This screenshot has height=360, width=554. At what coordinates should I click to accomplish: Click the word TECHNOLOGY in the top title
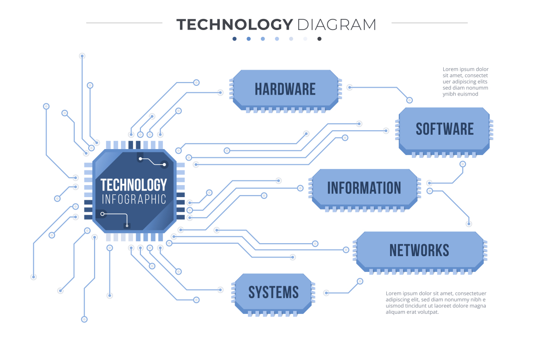click(x=235, y=24)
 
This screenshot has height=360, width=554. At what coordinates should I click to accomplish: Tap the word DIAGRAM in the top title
click(x=337, y=24)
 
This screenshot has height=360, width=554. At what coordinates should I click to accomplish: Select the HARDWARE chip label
click(x=285, y=89)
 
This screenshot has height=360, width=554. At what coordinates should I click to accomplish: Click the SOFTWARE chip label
click(x=445, y=129)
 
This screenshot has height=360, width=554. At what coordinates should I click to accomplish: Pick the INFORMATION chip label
click(x=364, y=188)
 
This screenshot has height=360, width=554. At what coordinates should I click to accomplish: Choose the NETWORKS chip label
click(x=419, y=250)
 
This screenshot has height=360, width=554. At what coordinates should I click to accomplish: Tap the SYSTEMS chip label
click(x=273, y=292)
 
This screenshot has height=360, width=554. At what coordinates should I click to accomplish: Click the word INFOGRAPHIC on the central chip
click(x=133, y=199)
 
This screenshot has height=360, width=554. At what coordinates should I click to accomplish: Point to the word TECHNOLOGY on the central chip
click(x=133, y=185)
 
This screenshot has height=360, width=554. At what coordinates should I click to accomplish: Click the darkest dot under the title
click(x=319, y=39)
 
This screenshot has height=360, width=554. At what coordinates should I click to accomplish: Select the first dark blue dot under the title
click(x=235, y=39)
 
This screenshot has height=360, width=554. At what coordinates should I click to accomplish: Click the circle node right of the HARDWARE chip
click(x=350, y=87)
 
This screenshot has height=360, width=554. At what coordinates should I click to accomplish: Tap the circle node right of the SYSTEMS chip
click(x=326, y=293)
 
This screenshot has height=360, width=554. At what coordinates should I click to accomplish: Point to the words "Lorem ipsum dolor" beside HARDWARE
click(x=465, y=69)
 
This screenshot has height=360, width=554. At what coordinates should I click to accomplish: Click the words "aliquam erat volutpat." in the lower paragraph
click(x=412, y=312)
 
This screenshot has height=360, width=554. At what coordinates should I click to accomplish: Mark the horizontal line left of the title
click(x=124, y=23)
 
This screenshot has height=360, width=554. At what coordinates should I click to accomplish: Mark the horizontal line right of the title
click(x=429, y=23)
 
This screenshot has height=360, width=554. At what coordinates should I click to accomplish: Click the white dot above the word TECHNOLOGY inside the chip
click(x=140, y=159)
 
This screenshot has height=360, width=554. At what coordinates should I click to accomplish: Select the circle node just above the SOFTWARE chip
click(x=409, y=100)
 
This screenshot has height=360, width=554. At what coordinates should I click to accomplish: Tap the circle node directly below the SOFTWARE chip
click(x=463, y=164)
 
